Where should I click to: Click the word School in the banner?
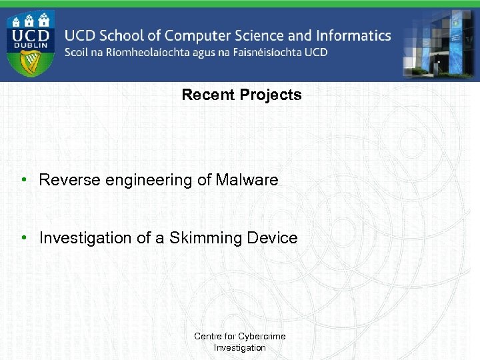(121, 35)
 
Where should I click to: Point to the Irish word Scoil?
(80, 53)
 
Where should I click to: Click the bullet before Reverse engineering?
(23, 180)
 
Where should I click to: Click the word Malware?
(247, 180)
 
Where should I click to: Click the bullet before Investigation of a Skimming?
(23, 238)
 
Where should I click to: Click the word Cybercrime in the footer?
(263, 336)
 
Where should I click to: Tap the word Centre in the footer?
(207, 336)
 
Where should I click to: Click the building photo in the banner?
(440, 44)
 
